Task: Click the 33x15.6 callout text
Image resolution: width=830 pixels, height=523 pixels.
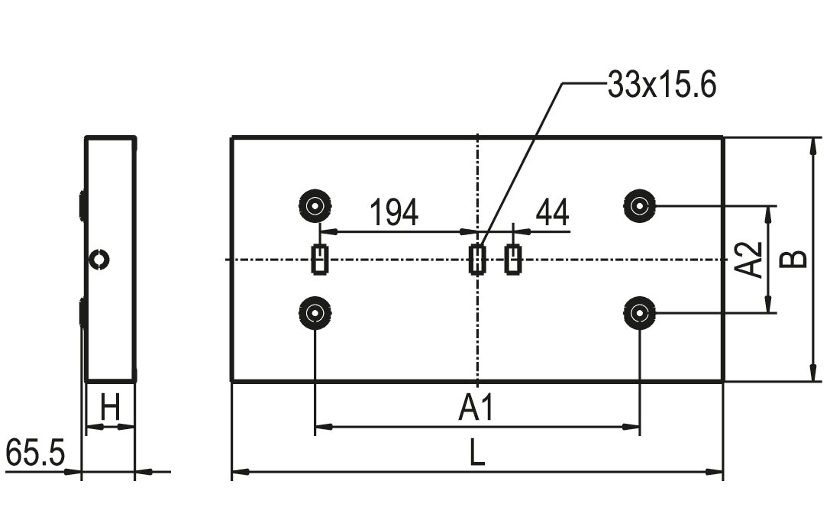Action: tap(662, 85)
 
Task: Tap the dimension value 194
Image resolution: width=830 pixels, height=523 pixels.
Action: tap(393, 212)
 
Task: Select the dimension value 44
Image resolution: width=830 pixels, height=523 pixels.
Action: tap(552, 212)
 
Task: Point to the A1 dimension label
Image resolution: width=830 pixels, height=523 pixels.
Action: tap(476, 408)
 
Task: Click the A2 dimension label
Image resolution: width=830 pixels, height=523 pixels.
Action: tap(750, 260)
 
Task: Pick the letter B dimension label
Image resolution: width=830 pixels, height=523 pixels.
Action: tap(795, 259)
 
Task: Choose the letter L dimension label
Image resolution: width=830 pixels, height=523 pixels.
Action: tap(477, 453)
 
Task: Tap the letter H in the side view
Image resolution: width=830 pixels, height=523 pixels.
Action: tap(111, 408)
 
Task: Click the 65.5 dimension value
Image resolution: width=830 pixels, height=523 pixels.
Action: tap(35, 454)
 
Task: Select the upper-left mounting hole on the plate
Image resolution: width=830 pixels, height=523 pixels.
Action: tap(315, 205)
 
